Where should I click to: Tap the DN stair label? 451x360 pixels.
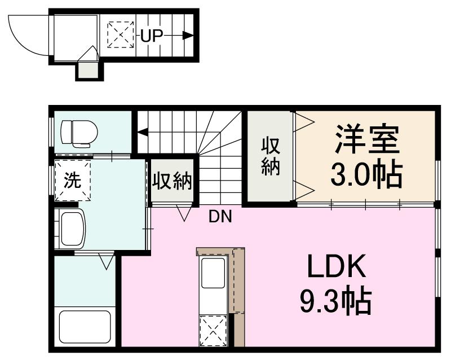(220, 216)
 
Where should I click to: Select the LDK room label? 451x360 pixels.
(337, 268)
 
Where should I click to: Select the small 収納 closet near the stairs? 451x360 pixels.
(172, 182)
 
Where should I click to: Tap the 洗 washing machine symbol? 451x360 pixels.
(72, 180)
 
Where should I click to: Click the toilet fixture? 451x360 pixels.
(78, 133)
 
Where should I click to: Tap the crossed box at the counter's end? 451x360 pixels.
(213, 331)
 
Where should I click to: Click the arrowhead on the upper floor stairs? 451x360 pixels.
(142, 133)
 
